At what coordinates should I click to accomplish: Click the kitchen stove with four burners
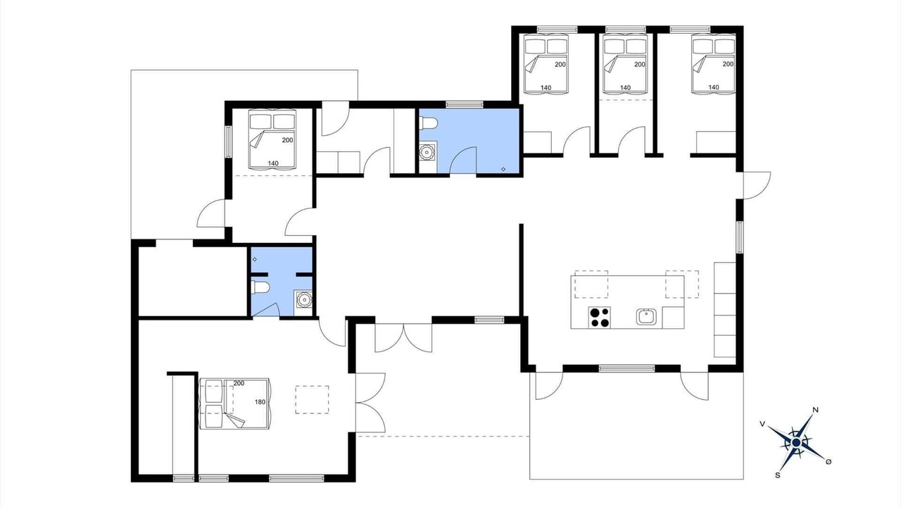coord(599,318)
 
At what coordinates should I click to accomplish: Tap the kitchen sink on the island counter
coord(646,317)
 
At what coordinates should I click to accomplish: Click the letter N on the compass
coord(816,410)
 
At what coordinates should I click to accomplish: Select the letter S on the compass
coord(778,475)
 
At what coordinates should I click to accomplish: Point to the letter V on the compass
coord(762,424)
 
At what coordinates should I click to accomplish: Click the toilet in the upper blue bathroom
coord(427,123)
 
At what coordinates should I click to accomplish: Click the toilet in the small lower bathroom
coord(260,287)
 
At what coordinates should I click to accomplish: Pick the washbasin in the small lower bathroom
coord(303,299)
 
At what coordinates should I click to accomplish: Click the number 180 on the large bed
coord(260,402)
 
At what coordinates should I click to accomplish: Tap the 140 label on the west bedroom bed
coord(273,163)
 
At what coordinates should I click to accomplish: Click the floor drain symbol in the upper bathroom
coord(503,169)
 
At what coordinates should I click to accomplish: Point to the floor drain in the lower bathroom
coord(255,260)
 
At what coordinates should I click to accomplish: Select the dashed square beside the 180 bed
coord(312,400)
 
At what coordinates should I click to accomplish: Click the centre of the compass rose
coord(795,443)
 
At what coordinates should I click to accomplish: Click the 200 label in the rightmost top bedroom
coord(728,64)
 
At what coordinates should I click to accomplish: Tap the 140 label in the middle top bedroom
coord(625,88)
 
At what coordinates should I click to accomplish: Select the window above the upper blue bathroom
coord(464,105)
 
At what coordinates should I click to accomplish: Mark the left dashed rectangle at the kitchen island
coord(591,284)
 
